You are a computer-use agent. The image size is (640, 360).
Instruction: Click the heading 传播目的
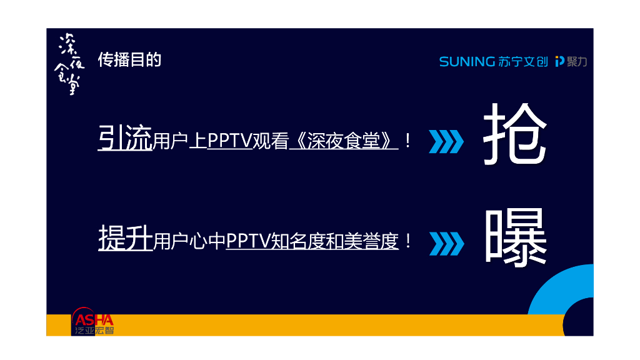[130, 59]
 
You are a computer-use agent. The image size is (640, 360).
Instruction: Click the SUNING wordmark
[467, 61]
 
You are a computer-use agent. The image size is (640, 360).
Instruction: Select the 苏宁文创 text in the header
[524, 61]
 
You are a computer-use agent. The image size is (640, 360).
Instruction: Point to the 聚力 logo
[571, 61]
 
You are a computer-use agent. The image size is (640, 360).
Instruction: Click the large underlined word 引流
[125, 139]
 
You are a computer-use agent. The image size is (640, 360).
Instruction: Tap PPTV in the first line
[229, 141]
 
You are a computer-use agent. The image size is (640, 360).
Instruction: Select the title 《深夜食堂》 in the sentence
[344, 141]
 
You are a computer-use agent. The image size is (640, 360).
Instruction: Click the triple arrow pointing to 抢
[446, 141]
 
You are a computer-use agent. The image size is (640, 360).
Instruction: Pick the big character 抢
[515, 135]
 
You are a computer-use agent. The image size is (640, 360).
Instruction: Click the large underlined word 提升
[125, 239]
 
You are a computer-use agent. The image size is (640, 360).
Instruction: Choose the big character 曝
[516, 237]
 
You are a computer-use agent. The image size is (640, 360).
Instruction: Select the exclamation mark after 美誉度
[408, 241]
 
